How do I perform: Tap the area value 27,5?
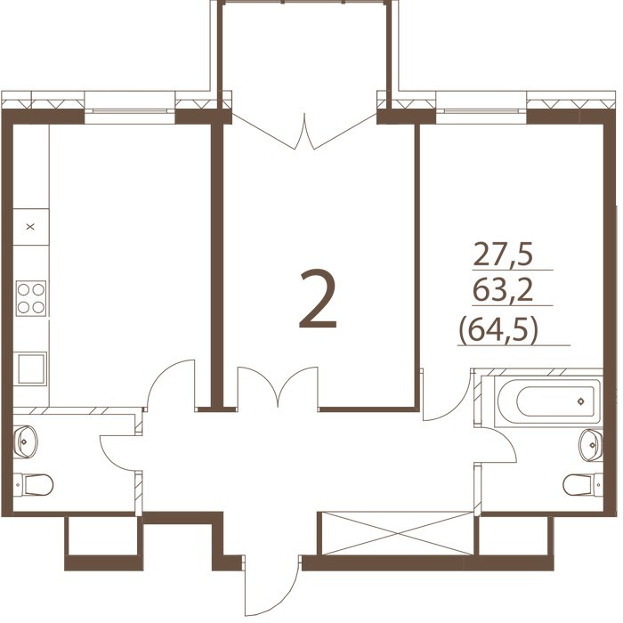tap(503, 255)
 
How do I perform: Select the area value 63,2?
tap(503, 290)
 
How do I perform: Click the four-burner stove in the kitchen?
tap(31, 298)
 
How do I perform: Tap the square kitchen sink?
tap(31, 368)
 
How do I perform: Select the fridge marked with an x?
tap(30, 227)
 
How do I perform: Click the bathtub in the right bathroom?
tap(548, 401)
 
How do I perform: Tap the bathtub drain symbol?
tap(581, 401)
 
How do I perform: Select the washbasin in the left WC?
tap(26, 441)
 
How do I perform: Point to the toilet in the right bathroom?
tap(583, 484)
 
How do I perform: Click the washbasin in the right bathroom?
tap(591, 445)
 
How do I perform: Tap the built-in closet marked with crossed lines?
tap(397, 533)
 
